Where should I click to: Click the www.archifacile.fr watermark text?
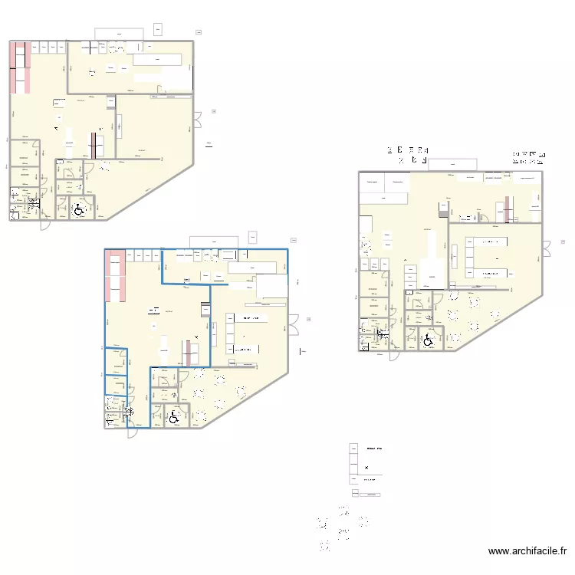(528, 550)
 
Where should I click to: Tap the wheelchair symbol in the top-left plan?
(77, 207)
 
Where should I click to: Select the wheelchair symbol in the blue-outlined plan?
(174, 416)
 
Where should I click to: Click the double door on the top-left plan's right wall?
(196, 120)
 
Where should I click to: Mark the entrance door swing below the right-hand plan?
(393, 350)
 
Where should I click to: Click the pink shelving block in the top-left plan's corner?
(20, 67)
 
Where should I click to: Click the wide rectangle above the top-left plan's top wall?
(118, 34)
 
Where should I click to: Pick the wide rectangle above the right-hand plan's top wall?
(452, 164)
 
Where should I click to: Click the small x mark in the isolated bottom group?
(366, 467)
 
